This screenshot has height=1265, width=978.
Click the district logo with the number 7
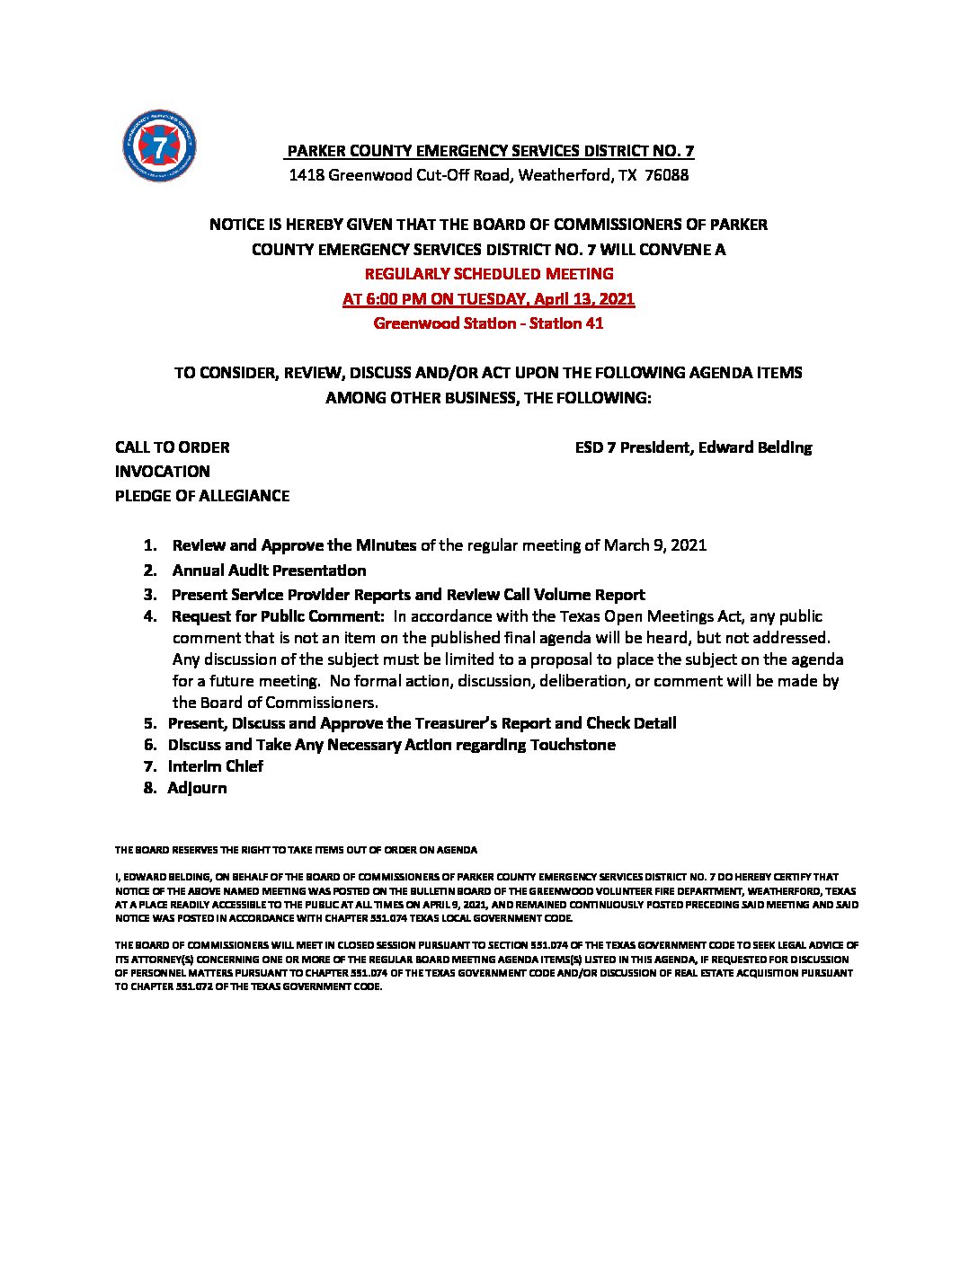[159, 145]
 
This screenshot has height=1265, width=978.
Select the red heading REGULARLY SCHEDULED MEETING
[489, 274]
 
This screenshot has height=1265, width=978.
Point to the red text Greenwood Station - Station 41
[488, 323]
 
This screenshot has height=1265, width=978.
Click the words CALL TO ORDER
[172, 447]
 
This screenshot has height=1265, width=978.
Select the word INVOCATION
[162, 472]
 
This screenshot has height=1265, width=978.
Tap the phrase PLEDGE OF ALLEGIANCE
[202, 496]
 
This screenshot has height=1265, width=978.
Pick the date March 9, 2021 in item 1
[655, 545]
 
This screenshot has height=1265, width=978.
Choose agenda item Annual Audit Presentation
[269, 571]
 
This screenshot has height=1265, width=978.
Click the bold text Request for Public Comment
[278, 616]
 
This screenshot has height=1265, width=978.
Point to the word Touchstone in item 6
[573, 745]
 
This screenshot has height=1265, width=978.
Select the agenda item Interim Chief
[216, 766]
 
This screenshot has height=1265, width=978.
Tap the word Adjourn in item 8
[197, 788]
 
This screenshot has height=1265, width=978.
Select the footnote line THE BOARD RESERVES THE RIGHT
[296, 850]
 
